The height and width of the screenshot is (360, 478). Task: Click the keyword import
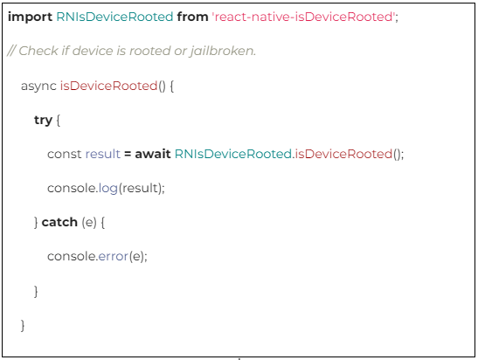click(x=30, y=17)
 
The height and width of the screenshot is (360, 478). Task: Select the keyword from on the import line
click(x=192, y=17)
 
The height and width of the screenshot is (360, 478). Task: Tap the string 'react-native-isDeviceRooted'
click(x=303, y=17)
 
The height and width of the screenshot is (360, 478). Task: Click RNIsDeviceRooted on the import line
click(x=114, y=17)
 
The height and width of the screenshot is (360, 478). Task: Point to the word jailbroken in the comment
click(x=222, y=51)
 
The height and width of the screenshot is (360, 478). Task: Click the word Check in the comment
click(x=38, y=51)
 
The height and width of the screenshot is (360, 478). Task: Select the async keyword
click(x=38, y=87)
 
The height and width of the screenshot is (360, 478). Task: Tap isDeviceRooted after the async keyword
click(x=108, y=86)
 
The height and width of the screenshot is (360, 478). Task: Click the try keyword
click(x=43, y=121)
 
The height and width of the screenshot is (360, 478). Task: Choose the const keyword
click(x=65, y=155)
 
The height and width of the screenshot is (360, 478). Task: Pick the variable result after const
click(x=103, y=154)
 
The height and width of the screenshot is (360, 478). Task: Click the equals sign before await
click(x=128, y=155)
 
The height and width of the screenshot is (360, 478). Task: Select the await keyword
click(x=153, y=154)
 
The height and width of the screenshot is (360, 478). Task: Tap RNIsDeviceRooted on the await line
click(x=233, y=154)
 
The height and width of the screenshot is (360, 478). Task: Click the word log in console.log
click(x=108, y=189)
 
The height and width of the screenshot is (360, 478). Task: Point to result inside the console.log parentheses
click(x=140, y=188)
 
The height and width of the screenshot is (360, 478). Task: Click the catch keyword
click(x=59, y=222)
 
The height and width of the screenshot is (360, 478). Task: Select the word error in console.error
click(x=113, y=257)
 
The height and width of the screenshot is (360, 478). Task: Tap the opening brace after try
click(x=59, y=120)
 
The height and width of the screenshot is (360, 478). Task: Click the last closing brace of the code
click(x=23, y=325)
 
